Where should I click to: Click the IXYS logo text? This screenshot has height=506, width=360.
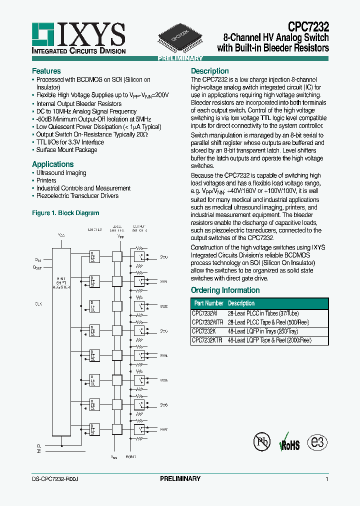91,35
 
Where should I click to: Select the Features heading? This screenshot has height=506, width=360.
46,71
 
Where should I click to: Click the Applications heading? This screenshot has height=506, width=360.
52,164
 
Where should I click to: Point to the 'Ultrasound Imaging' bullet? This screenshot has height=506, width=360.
61,173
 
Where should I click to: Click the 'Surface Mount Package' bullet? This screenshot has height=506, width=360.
66,150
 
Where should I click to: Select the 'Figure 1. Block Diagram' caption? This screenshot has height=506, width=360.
65,213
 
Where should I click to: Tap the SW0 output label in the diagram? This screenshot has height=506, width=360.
163,257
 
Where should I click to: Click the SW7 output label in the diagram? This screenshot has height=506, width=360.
163,429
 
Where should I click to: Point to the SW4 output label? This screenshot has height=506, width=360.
163,355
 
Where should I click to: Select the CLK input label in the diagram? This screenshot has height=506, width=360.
38,303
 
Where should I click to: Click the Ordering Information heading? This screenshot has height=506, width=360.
225,290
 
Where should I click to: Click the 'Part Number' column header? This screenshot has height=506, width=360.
208,303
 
